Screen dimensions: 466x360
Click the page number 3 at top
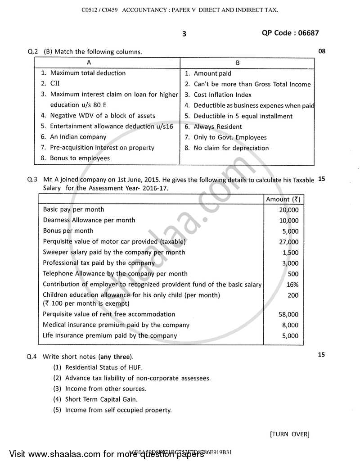tap(184, 34)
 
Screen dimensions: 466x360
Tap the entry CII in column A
tap(55, 84)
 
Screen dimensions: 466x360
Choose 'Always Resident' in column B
tap(218, 127)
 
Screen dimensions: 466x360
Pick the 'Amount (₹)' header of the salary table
tap(283, 199)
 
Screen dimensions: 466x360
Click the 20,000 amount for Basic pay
tap(288, 210)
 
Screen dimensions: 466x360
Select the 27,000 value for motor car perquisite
tap(288, 242)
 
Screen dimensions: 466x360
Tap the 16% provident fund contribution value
tap(292, 285)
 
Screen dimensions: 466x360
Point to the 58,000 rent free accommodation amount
tap(288, 315)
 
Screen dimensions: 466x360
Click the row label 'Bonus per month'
tap(68, 231)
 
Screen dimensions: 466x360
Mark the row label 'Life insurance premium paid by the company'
tap(110, 335)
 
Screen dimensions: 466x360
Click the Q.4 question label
tap(32, 356)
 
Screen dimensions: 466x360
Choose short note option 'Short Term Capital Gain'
tap(101, 399)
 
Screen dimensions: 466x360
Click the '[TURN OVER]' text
tap(290, 434)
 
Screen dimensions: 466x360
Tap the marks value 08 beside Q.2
tap(321, 51)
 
